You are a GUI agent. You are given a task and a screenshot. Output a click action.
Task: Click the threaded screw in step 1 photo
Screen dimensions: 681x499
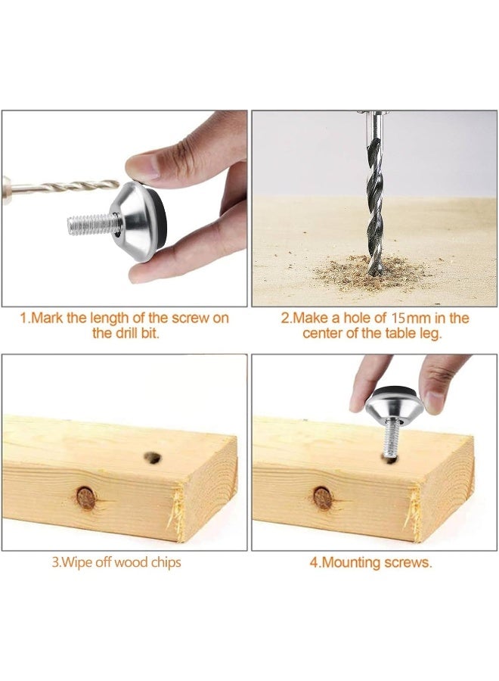[91, 224]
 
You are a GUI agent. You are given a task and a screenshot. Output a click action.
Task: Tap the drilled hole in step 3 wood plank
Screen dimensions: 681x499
[153, 458]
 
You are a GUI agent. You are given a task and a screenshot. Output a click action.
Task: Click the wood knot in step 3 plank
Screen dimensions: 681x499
[86, 497]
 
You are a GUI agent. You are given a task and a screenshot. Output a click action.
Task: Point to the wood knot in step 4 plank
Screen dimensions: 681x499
[324, 497]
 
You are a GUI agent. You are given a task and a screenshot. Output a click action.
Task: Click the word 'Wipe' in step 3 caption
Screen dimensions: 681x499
[79, 562]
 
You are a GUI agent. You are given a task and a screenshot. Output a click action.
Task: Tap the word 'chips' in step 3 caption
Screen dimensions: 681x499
[166, 562]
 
